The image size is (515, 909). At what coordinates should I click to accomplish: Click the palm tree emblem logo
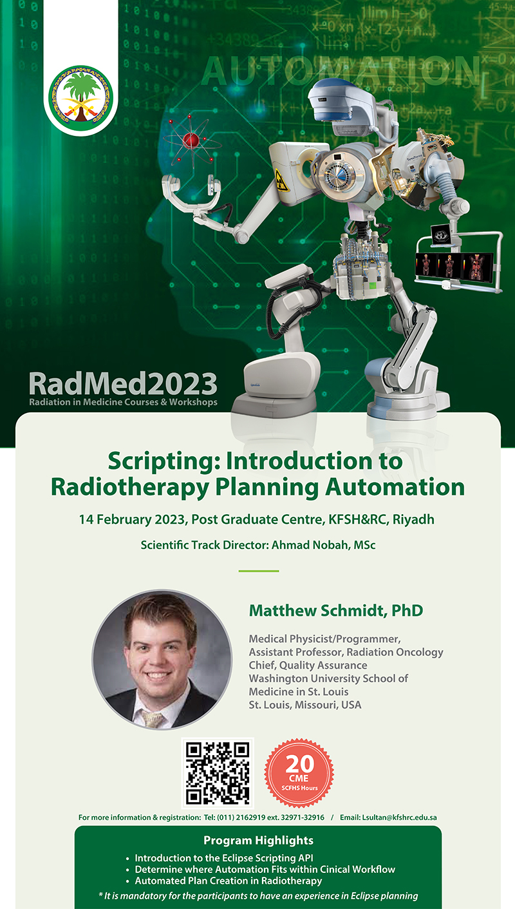80,98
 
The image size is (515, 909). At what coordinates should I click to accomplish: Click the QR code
218,773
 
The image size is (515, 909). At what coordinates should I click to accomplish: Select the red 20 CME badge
299,772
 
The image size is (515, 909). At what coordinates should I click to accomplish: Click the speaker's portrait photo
162,660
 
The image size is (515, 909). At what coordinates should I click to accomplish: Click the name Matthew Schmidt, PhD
336,610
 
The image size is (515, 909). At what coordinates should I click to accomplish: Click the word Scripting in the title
163,462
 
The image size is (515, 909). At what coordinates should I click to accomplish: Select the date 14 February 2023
132,519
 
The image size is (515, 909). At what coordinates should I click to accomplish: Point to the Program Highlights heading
258,840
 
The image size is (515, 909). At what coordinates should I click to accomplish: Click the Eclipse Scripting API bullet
224,858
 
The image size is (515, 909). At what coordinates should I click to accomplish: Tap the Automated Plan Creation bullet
229,881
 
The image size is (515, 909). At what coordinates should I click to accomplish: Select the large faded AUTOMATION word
341,71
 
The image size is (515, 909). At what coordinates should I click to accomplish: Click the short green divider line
259,571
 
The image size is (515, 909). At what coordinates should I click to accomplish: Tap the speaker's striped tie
152,719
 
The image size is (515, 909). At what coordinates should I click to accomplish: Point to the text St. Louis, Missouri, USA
305,705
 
